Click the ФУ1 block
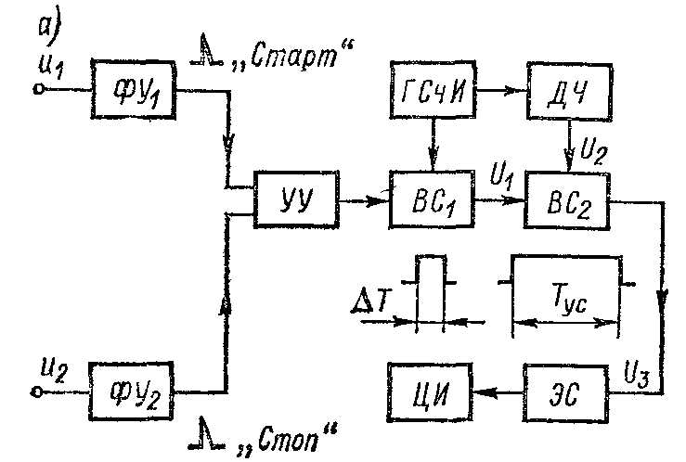[132, 88]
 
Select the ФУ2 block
[132, 391]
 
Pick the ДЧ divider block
[565, 89]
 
